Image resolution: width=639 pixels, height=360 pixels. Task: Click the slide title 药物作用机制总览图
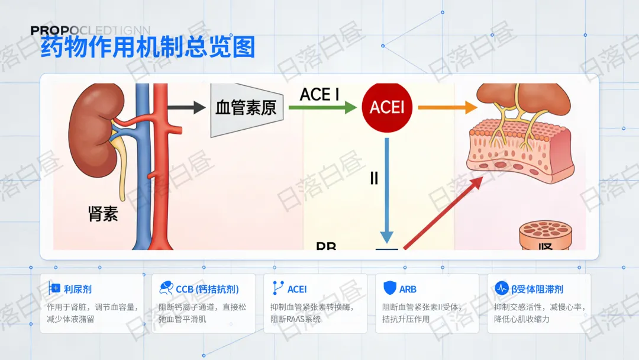[147, 47]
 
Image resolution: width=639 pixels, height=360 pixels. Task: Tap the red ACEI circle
[387, 107]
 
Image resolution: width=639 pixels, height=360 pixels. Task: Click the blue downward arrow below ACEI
[387, 189]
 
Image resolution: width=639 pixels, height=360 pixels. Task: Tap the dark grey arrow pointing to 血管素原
[186, 108]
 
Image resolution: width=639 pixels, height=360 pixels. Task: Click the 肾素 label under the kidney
[103, 214]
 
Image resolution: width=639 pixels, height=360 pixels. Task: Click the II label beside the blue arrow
[374, 178]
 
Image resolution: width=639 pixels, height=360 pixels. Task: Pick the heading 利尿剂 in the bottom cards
[78, 289]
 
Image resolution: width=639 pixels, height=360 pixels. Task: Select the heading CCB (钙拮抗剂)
[207, 289]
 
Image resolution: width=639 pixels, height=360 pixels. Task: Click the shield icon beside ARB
[389, 288]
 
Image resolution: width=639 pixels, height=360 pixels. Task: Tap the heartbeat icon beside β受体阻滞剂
[501, 288]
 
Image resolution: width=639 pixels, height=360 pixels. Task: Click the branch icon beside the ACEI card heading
[277, 288]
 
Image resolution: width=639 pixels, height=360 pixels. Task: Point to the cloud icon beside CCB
[166, 288]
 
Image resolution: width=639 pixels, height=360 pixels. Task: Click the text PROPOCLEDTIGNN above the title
[91, 30]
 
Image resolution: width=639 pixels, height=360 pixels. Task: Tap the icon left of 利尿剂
[55, 288]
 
